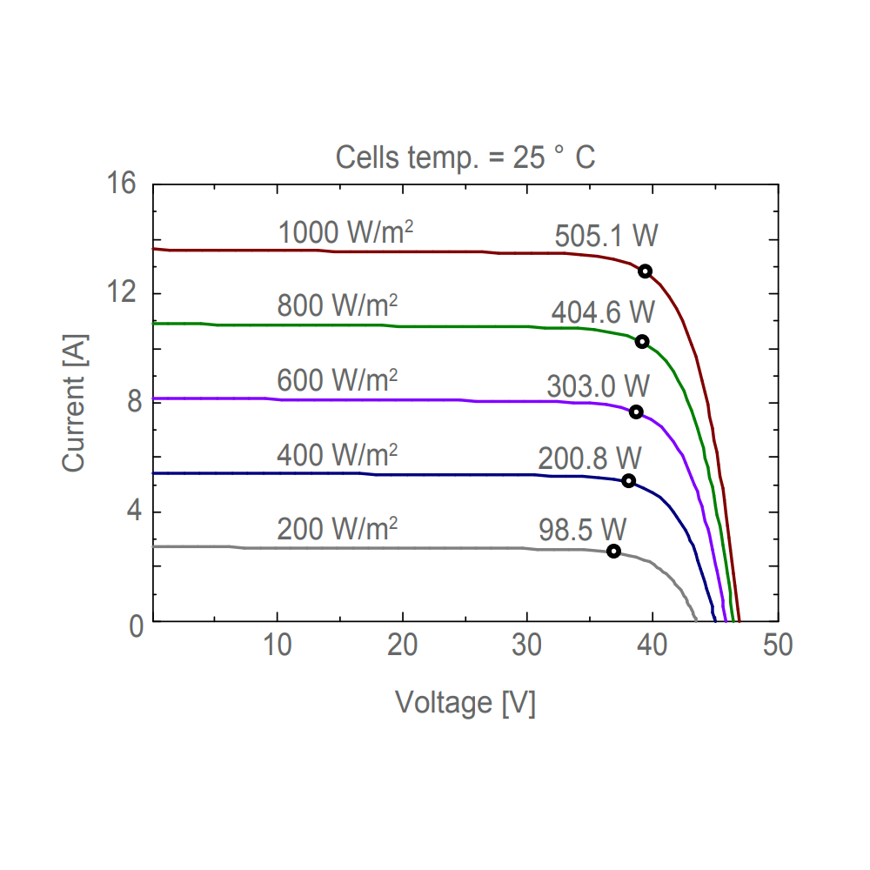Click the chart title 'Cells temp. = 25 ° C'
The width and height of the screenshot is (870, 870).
click(465, 157)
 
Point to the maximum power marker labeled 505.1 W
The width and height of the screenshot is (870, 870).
click(645, 271)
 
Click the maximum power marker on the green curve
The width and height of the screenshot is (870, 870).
click(642, 341)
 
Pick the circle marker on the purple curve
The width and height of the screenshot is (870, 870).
click(636, 412)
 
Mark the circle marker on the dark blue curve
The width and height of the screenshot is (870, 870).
click(628, 481)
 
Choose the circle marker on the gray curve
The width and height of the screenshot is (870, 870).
click(613, 551)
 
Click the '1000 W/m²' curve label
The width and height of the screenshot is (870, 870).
click(345, 232)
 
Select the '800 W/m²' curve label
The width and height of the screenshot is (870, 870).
click(338, 305)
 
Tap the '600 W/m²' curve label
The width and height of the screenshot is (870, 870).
click(338, 380)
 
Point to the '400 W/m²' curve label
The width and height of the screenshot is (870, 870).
click(338, 454)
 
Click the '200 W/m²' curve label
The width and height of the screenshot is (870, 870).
click(338, 528)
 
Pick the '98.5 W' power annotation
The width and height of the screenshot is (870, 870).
click(582, 528)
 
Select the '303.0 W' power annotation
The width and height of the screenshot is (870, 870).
click(599, 386)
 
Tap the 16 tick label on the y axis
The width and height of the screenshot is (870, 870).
click(123, 184)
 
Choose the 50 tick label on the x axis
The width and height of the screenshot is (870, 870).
click(777, 646)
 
